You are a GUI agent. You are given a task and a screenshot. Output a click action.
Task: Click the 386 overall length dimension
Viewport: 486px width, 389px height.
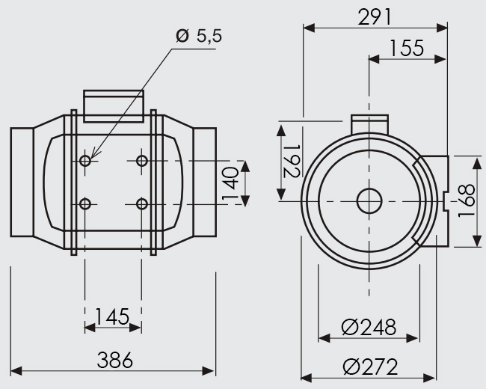coord(114,360)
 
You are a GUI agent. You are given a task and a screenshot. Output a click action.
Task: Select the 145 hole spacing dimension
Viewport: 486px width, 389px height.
coord(112,316)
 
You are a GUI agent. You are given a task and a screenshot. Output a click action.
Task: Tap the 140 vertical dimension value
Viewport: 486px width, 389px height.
coord(230,183)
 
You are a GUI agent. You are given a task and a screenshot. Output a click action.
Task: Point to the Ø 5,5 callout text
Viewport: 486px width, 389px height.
coord(199,36)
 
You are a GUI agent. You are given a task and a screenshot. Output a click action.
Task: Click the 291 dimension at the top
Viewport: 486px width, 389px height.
coord(375,16)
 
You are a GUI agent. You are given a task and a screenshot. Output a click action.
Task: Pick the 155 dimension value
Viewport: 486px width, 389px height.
coord(406,48)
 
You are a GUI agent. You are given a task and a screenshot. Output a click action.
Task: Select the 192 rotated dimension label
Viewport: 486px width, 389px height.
coord(292,161)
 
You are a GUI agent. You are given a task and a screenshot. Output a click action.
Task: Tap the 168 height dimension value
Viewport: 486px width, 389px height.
coord(466,200)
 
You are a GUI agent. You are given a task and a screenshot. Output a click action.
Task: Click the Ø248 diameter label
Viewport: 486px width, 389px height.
coord(369,327)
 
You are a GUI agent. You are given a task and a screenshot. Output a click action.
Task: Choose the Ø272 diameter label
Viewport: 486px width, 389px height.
coord(370,367)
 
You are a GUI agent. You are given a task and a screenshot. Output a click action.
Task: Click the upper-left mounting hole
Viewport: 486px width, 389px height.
coord(85,161)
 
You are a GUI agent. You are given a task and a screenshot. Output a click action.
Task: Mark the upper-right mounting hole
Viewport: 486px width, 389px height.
coord(142,161)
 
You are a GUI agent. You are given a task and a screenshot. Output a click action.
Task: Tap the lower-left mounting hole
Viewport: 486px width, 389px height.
coord(85,204)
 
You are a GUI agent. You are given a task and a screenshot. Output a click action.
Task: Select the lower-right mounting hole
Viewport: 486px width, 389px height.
coord(142,204)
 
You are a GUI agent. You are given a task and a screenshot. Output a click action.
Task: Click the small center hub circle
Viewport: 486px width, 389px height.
coord(369,201)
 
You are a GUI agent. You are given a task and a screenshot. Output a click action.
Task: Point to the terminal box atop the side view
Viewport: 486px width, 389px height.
coord(114,106)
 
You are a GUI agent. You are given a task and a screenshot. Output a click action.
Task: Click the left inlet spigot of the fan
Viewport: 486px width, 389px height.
coord(22,182)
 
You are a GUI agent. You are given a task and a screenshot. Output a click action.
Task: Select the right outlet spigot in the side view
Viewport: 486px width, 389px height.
coord(205,182)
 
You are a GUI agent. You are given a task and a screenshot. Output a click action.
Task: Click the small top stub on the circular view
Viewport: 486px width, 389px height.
coord(369,124)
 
